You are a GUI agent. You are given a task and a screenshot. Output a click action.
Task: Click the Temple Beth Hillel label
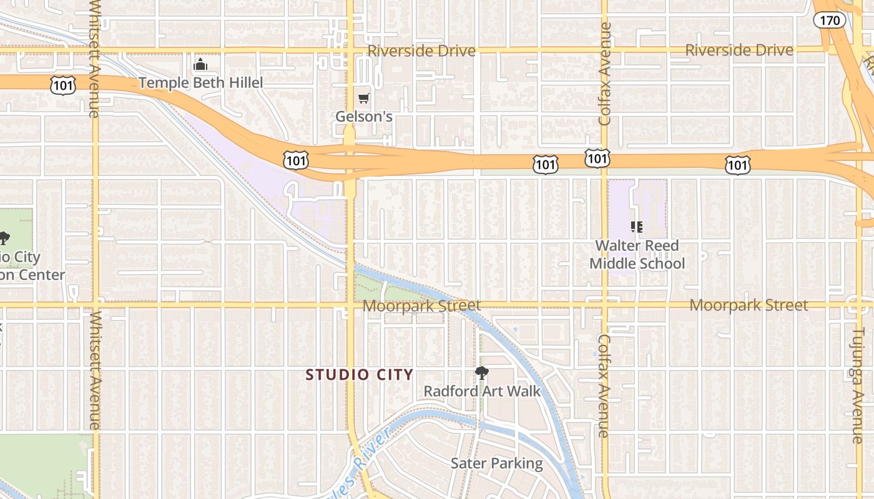pos(200,82)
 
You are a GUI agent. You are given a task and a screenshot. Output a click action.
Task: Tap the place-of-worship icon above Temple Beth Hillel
pos(200,64)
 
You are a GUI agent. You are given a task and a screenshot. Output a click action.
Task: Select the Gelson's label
pos(364,117)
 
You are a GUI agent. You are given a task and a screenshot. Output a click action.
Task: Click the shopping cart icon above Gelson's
pos(364,98)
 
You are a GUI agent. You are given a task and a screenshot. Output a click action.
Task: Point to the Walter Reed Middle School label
pos(637,254)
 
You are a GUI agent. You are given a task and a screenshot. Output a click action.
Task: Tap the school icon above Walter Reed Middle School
pos(637,227)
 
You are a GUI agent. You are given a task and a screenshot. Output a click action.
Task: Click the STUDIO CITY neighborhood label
pos(360,375)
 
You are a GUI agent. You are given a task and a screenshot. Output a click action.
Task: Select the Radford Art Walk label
pos(482,391)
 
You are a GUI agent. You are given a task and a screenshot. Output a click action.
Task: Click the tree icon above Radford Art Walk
pos(481,373)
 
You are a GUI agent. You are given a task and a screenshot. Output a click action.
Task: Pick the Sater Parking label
pos(497,463)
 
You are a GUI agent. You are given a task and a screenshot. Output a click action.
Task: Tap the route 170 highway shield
pos(830,20)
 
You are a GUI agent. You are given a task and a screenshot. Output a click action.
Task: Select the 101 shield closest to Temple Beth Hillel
pos(63,85)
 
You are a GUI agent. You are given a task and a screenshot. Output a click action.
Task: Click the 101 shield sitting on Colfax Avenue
pos(597,158)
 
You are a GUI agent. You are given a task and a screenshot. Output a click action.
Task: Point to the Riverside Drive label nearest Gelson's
pos(421,51)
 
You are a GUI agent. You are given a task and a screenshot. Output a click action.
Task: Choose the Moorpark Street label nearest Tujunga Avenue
pos(749,305)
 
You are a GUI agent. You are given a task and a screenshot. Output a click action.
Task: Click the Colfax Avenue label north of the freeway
pos(604,74)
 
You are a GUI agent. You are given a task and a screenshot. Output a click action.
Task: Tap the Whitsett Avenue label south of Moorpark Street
pos(94,371)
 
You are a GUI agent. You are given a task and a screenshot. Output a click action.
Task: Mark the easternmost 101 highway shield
pos(737,165)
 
